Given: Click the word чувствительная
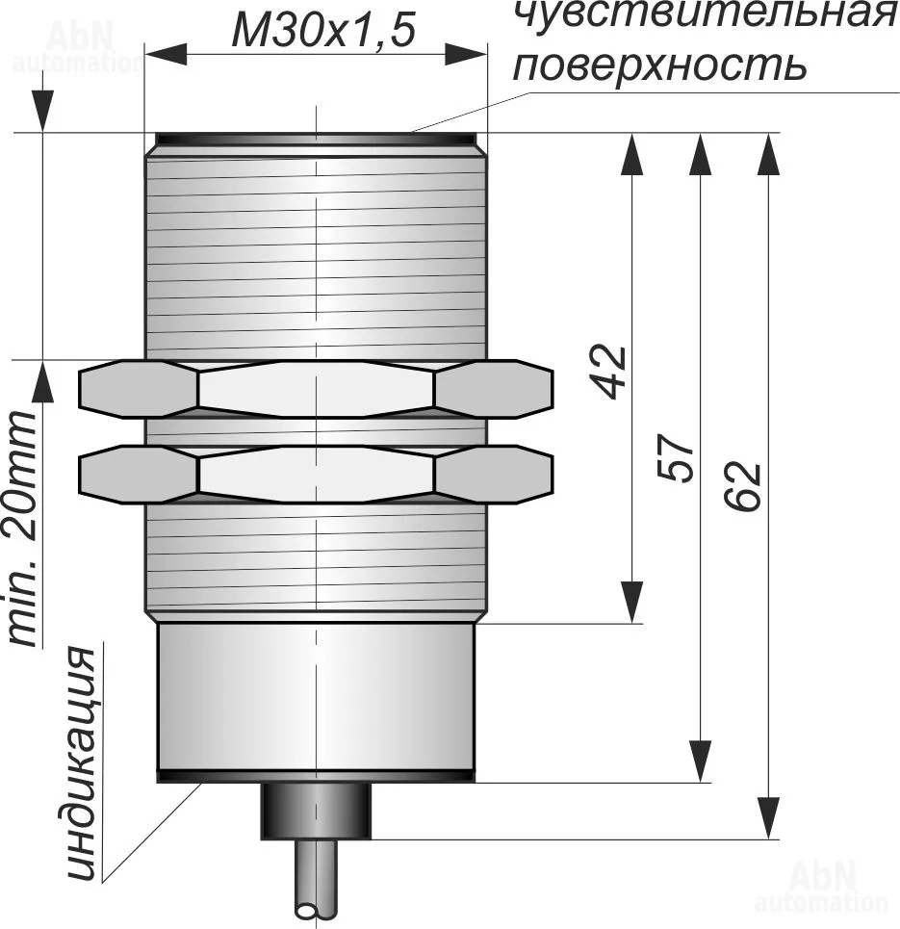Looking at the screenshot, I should (x=700, y=14).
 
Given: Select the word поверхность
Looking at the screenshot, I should (x=657, y=65).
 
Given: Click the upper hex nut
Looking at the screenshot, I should (x=316, y=389).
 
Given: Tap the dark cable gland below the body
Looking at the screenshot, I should (x=316, y=810).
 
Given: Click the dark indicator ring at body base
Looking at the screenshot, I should (x=315, y=775).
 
